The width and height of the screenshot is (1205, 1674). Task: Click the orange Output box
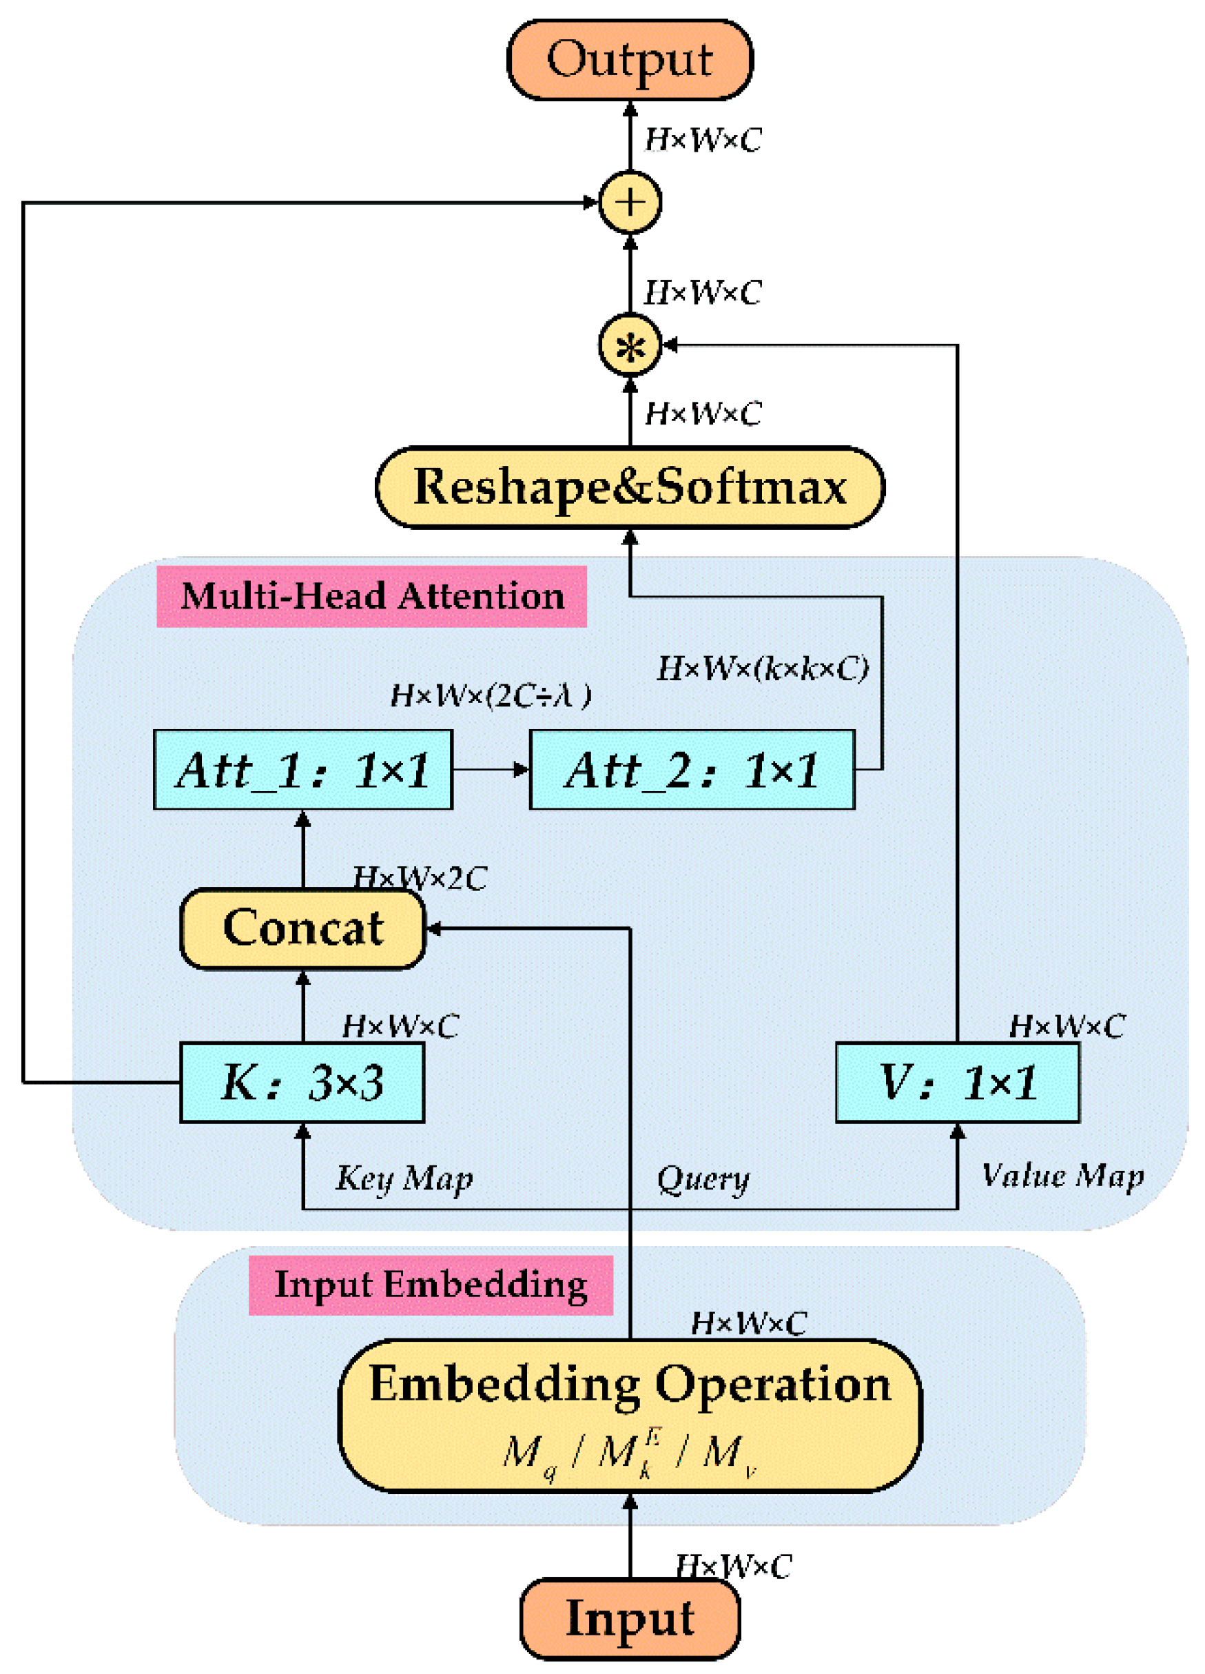(x=630, y=60)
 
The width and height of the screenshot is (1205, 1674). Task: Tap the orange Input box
(x=630, y=1618)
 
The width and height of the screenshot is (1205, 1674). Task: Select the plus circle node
(x=630, y=202)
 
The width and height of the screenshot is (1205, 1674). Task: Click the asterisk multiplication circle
(x=630, y=345)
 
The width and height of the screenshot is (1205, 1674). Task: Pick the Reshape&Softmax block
(x=630, y=487)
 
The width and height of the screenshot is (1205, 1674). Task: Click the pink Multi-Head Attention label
(x=371, y=596)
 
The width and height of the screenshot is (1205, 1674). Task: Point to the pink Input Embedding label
(x=430, y=1285)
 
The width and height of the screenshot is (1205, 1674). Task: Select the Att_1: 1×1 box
(x=302, y=770)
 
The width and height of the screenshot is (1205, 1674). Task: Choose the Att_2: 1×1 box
(x=692, y=770)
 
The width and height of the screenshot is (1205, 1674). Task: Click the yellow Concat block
(x=302, y=928)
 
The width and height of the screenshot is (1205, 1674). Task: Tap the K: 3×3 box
(x=302, y=1083)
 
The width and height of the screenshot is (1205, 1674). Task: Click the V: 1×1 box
(x=957, y=1083)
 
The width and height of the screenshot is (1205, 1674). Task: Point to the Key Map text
(x=404, y=1178)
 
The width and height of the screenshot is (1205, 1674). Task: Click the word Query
(x=703, y=1178)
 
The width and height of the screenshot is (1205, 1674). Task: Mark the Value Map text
(x=1062, y=1176)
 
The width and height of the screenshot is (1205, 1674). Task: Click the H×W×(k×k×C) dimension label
(x=762, y=668)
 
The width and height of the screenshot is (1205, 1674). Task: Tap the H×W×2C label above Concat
(x=419, y=878)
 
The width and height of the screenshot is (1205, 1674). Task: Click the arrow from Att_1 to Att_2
(x=491, y=770)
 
